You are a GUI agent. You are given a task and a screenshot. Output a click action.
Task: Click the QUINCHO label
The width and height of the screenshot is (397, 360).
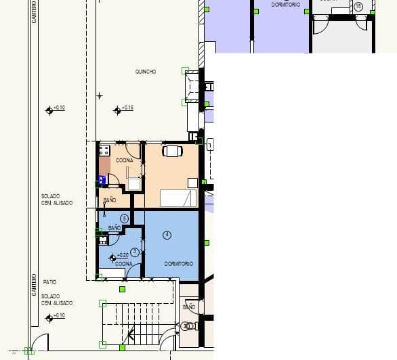(146, 72)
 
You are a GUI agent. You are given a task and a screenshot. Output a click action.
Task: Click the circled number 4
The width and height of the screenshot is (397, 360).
(167, 234)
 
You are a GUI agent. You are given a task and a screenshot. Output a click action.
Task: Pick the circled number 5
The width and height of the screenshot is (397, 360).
(124, 218)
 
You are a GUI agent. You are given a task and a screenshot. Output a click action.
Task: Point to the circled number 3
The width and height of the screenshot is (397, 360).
(135, 252)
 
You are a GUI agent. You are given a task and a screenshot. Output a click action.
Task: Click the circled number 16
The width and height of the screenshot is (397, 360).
(358, 6)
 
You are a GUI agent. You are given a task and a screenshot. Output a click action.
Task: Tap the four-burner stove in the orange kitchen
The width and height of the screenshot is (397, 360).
(104, 150)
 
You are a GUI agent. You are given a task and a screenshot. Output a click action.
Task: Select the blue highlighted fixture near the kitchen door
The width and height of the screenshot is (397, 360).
(102, 180)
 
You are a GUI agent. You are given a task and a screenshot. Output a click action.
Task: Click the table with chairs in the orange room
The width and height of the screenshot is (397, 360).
(172, 151)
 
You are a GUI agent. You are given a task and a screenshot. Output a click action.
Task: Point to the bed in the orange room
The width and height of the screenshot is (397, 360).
(177, 198)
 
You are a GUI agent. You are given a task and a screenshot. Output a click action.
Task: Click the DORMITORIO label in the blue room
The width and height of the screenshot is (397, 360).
(179, 263)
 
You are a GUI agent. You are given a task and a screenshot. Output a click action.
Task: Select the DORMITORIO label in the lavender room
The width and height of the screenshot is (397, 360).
(285, 5)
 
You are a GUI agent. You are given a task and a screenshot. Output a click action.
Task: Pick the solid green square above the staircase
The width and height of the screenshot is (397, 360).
(122, 289)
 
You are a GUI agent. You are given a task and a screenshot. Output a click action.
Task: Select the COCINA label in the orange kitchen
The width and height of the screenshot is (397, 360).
(124, 160)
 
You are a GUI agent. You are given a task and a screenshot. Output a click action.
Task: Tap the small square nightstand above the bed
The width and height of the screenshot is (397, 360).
(192, 183)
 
